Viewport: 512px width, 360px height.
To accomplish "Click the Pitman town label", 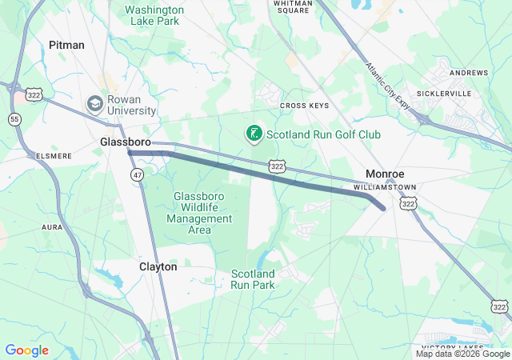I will [66, 45].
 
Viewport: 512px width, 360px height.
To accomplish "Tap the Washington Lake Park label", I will [154, 15].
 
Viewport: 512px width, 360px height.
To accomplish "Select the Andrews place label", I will [468, 73].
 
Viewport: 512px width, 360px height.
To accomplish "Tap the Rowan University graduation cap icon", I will [94, 104].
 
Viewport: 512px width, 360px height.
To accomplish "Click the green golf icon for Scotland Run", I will [254, 134].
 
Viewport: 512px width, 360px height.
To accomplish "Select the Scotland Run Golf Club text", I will [323, 134].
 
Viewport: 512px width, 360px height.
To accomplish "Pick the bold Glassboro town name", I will [126, 142].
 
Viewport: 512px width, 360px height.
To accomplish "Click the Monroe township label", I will [385, 174].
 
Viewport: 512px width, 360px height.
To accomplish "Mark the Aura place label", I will [52, 227].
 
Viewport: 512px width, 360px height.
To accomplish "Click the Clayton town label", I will [158, 266].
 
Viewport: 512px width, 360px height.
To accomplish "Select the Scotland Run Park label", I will [253, 278].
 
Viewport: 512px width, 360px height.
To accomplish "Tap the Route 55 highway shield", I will [14, 119].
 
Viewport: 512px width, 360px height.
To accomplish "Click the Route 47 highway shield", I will [138, 174].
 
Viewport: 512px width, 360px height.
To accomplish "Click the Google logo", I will [26, 350].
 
